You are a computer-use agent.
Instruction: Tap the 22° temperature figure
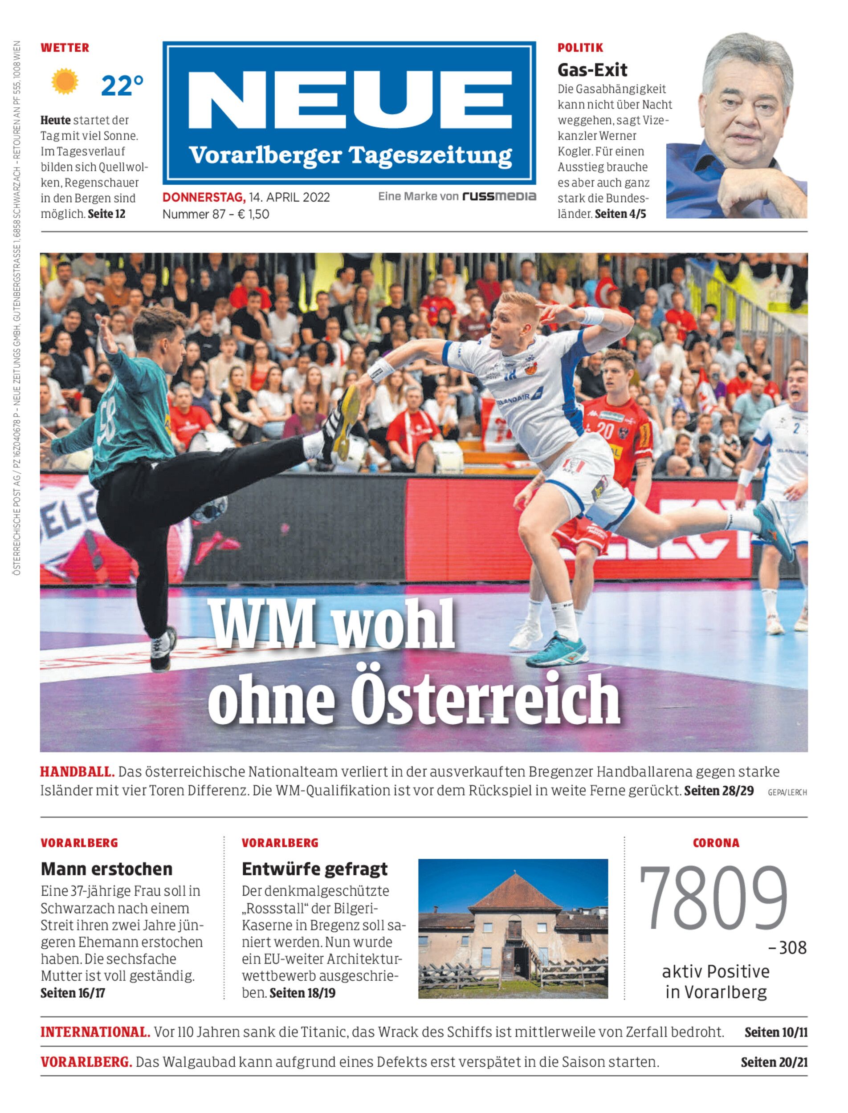(122, 86)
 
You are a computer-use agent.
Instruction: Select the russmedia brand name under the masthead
(499, 196)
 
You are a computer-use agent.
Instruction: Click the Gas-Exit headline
(592, 69)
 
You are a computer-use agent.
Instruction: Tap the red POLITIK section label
(580, 48)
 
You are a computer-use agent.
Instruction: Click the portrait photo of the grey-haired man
(737, 126)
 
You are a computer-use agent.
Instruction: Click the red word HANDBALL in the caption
(77, 772)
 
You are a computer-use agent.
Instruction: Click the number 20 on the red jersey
(605, 431)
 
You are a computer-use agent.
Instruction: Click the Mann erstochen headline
(106, 869)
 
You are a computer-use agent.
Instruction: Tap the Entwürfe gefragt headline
(314, 869)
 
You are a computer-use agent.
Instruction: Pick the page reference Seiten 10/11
(776, 1032)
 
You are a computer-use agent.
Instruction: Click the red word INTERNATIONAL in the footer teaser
(95, 1032)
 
